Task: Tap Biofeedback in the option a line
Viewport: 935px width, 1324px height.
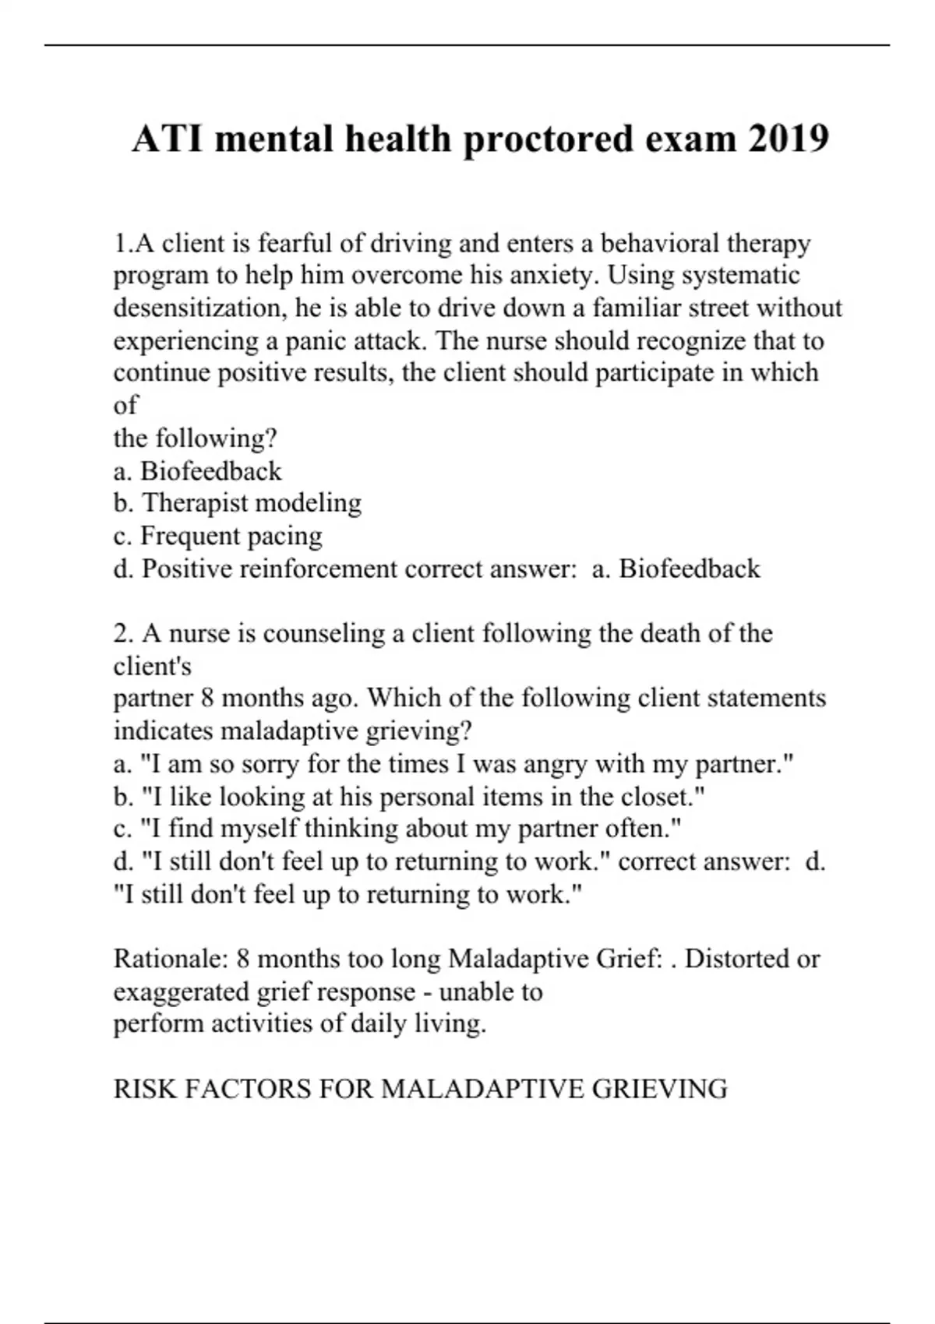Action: (x=210, y=471)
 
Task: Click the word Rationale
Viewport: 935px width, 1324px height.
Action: (x=169, y=958)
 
